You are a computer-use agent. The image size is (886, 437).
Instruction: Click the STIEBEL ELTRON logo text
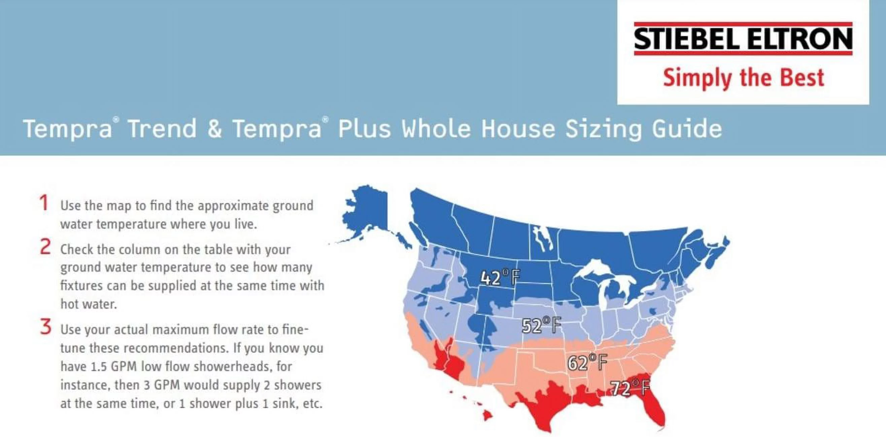[x=743, y=38]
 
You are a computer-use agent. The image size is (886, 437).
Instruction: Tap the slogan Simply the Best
[x=743, y=78]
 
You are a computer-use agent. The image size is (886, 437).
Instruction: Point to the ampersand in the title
[x=214, y=129]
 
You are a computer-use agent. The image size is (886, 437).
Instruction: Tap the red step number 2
[x=45, y=247]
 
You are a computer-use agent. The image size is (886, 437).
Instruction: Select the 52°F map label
[x=541, y=325]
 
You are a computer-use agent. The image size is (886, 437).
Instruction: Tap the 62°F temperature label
[x=587, y=362]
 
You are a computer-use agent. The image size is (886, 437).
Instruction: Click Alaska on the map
[x=366, y=213]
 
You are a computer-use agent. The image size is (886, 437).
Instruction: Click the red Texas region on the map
[x=547, y=405]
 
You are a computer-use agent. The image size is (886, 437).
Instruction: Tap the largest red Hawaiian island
[x=487, y=416]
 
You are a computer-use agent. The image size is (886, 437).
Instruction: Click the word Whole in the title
[x=437, y=129]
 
